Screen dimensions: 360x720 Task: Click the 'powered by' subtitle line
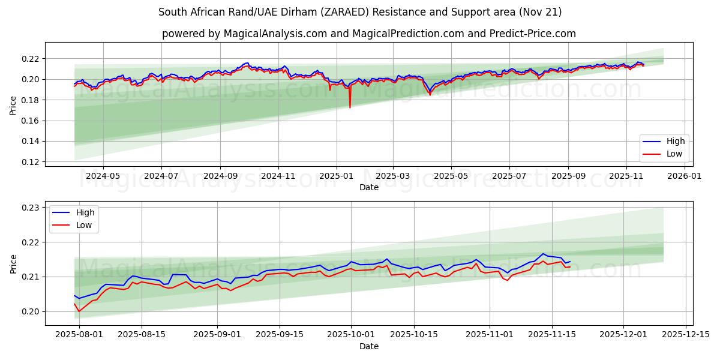click(368, 34)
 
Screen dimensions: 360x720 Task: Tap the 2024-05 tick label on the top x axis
click(103, 176)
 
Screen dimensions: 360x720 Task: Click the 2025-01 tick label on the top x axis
click(336, 176)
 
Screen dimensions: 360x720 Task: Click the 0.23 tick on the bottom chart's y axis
click(31, 208)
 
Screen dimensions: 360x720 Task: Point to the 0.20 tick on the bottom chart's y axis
click(31, 311)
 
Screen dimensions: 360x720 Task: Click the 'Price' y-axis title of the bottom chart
click(13, 263)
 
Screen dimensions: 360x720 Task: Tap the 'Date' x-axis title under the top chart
click(368, 187)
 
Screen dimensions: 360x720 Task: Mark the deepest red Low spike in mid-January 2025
click(350, 107)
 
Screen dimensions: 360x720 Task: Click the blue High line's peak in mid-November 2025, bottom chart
click(543, 253)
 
